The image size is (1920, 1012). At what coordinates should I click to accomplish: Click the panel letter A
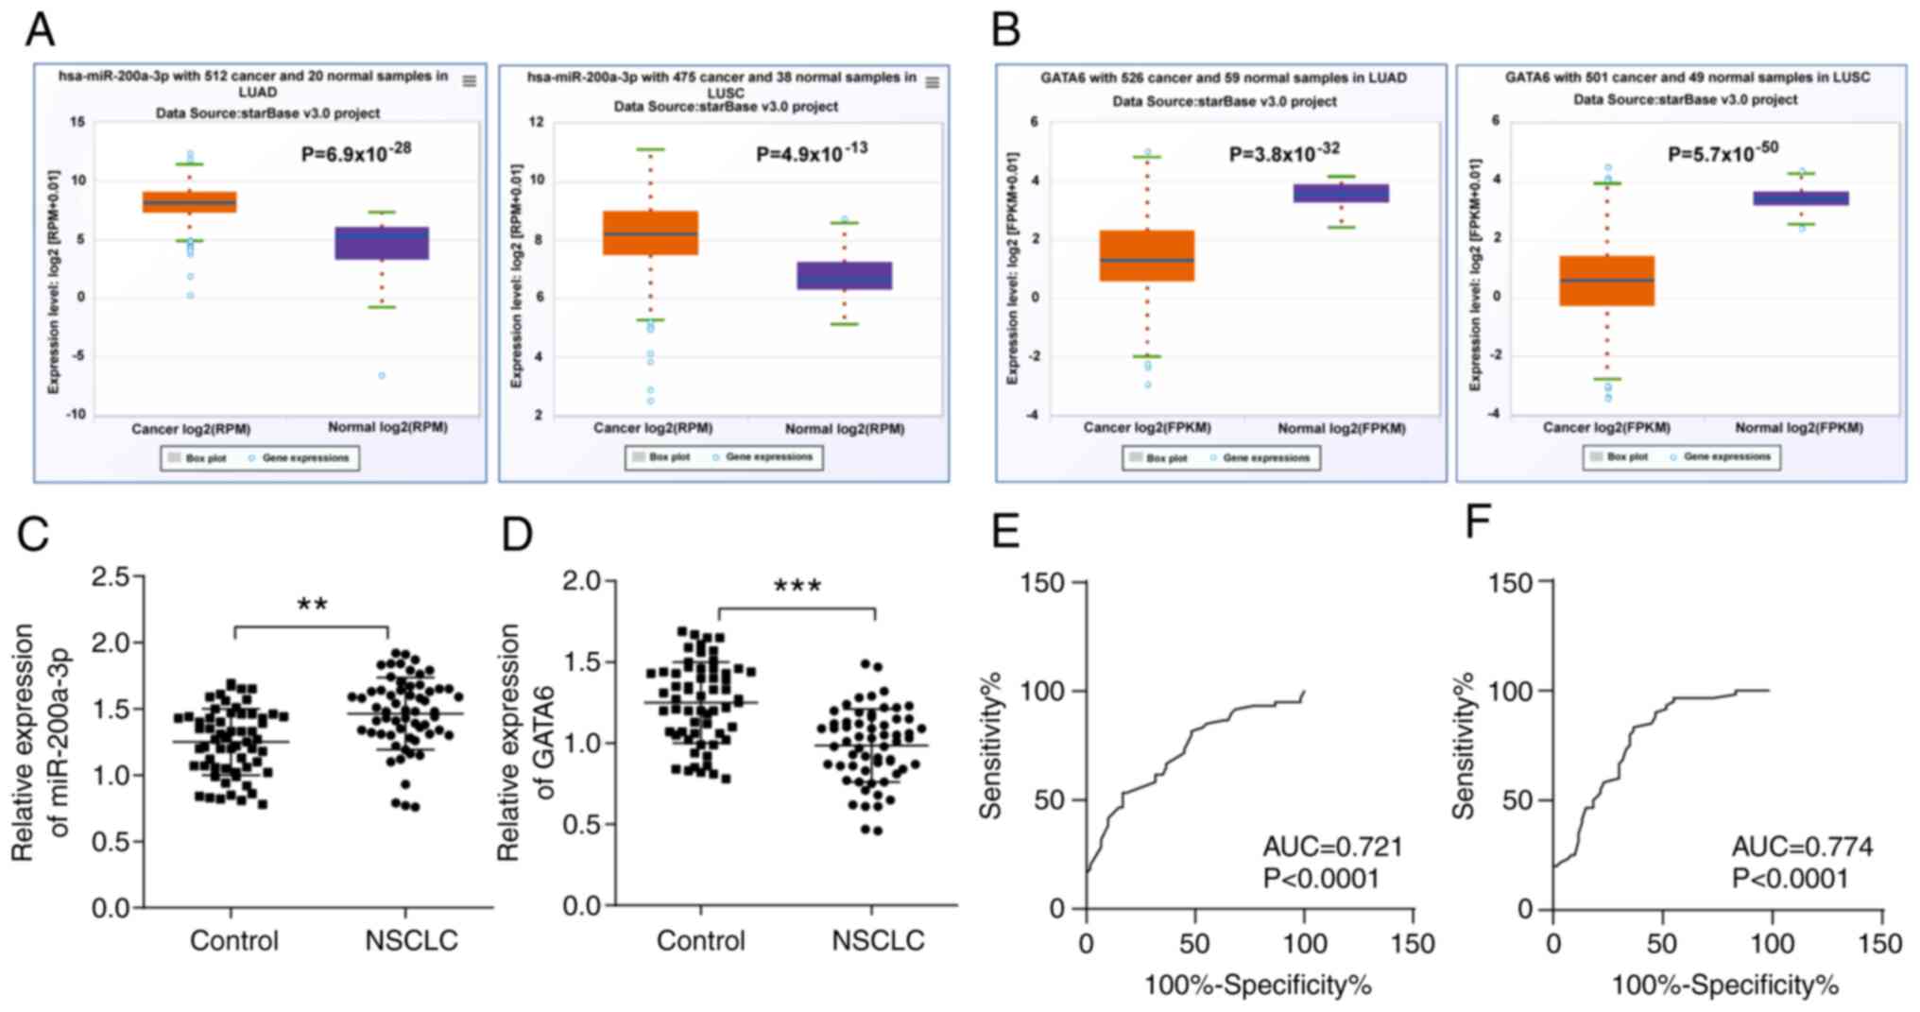(x=39, y=29)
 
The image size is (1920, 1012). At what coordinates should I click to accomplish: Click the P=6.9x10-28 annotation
(x=356, y=152)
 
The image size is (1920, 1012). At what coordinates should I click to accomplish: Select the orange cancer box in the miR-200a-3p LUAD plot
(x=189, y=201)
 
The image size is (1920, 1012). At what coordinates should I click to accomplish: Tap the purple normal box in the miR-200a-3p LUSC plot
(x=844, y=275)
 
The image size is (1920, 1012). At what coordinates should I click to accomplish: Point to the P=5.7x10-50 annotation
(x=1723, y=151)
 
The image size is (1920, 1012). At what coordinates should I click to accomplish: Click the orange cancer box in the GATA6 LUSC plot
(x=1606, y=280)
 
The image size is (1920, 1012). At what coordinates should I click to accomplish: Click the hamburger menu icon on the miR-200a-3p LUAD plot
(x=469, y=81)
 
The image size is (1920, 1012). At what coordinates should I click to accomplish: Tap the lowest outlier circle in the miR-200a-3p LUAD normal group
(x=382, y=376)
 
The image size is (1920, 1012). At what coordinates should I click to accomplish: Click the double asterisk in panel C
(x=312, y=605)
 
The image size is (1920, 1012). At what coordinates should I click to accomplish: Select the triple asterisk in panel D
(x=797, y=587)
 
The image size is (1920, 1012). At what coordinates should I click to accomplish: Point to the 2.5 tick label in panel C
(x=111, y=576)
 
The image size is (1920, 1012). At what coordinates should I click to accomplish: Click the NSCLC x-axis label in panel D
(x=878, y=940)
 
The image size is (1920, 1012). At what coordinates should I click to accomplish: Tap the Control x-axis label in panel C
(x=234, y=940)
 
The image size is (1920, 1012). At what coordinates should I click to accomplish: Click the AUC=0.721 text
(x=1332, y=846)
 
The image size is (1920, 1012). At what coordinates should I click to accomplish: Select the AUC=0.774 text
(x=1802, y=846)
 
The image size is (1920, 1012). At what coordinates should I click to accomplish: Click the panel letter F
(x=1478, y=522)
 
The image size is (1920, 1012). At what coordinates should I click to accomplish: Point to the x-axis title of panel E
(x=1258, y=986)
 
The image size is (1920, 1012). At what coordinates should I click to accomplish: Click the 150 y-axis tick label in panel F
(x=1510, y=583)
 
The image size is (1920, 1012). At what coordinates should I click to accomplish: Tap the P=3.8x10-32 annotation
(x=1284, y=152)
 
